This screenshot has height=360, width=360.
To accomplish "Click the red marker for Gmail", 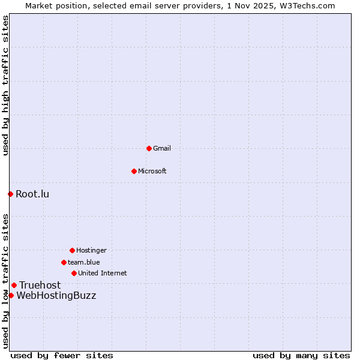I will [x=149, y=148].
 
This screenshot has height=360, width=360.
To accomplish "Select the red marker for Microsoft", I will [x=134, y=171].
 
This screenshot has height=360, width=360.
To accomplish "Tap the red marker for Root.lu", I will [x=10, y=194].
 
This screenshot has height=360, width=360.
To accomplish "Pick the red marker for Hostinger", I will [x=72, y=250].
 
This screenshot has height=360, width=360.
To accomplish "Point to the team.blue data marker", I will [x=64, y=262].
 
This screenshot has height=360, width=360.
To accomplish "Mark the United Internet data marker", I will [x=74, y=273].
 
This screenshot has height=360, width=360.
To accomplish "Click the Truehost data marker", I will [x=14, y=285].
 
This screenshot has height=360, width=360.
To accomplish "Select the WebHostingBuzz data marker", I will [x=11, y=295].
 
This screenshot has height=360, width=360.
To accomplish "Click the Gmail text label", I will [x=162, y=148].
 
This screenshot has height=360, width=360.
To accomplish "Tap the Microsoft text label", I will [x=152, y=171].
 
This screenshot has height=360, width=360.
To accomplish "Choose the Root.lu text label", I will [x=32, y=194].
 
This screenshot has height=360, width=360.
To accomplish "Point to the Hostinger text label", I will [x=91, y=250].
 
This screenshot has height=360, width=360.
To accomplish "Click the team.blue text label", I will [x=84, y=262].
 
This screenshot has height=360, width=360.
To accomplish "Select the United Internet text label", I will [x=103, y=273].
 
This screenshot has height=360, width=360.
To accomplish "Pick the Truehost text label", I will [x=40, y=285].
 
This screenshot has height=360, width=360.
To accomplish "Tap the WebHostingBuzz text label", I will [x=56, y=295].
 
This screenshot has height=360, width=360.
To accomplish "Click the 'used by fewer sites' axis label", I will [x=62, y=355].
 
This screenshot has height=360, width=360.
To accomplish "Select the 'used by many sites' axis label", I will [x=301, y=355].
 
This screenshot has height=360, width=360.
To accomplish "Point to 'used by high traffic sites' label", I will [x=5, y=85].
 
